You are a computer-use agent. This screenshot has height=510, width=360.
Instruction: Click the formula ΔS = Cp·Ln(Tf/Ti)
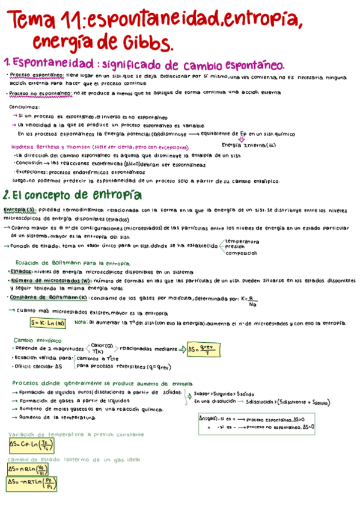click(31, 445)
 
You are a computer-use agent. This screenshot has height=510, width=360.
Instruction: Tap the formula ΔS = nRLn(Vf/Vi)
click(28, 469)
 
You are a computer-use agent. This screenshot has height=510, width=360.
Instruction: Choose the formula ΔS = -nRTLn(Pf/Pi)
click(31, 483)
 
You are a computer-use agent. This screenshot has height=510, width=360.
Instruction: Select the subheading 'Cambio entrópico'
click(35, 340)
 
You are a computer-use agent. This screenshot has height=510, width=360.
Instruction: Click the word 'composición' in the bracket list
click(242, 253)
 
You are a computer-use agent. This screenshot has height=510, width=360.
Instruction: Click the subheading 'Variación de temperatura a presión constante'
click(76, 434)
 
